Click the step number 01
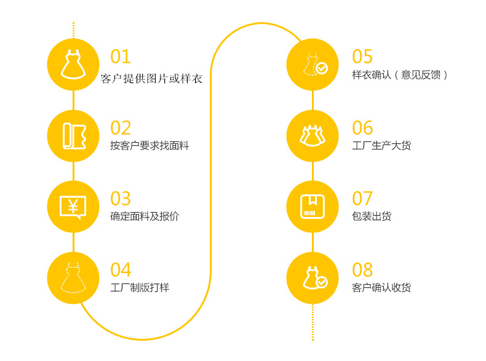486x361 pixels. pos(121,57)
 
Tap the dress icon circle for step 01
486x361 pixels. pos(73,64)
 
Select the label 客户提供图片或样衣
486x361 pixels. pos(151,79)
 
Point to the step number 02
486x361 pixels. pos(121,128)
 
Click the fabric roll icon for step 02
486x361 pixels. pos(73,135)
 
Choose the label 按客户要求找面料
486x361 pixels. pos(149,146)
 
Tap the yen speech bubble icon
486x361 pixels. pos(73,207)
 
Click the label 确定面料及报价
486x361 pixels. pos(145,216)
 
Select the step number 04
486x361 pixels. pos(121,270)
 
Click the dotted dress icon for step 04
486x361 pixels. pos(73,277)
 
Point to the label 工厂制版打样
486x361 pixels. pos(140,287)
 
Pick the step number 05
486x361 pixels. pos(362,57)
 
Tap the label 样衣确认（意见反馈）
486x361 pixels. pos(400,75)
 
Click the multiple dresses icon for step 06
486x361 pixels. pos(313,135)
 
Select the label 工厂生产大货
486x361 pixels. pos(381,146)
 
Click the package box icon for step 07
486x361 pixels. pos(313,207)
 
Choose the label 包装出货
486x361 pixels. pos(372,216)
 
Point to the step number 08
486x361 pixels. pos(362,270)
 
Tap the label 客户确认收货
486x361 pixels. pos(381,287)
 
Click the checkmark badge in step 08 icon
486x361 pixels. pos(322,282)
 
